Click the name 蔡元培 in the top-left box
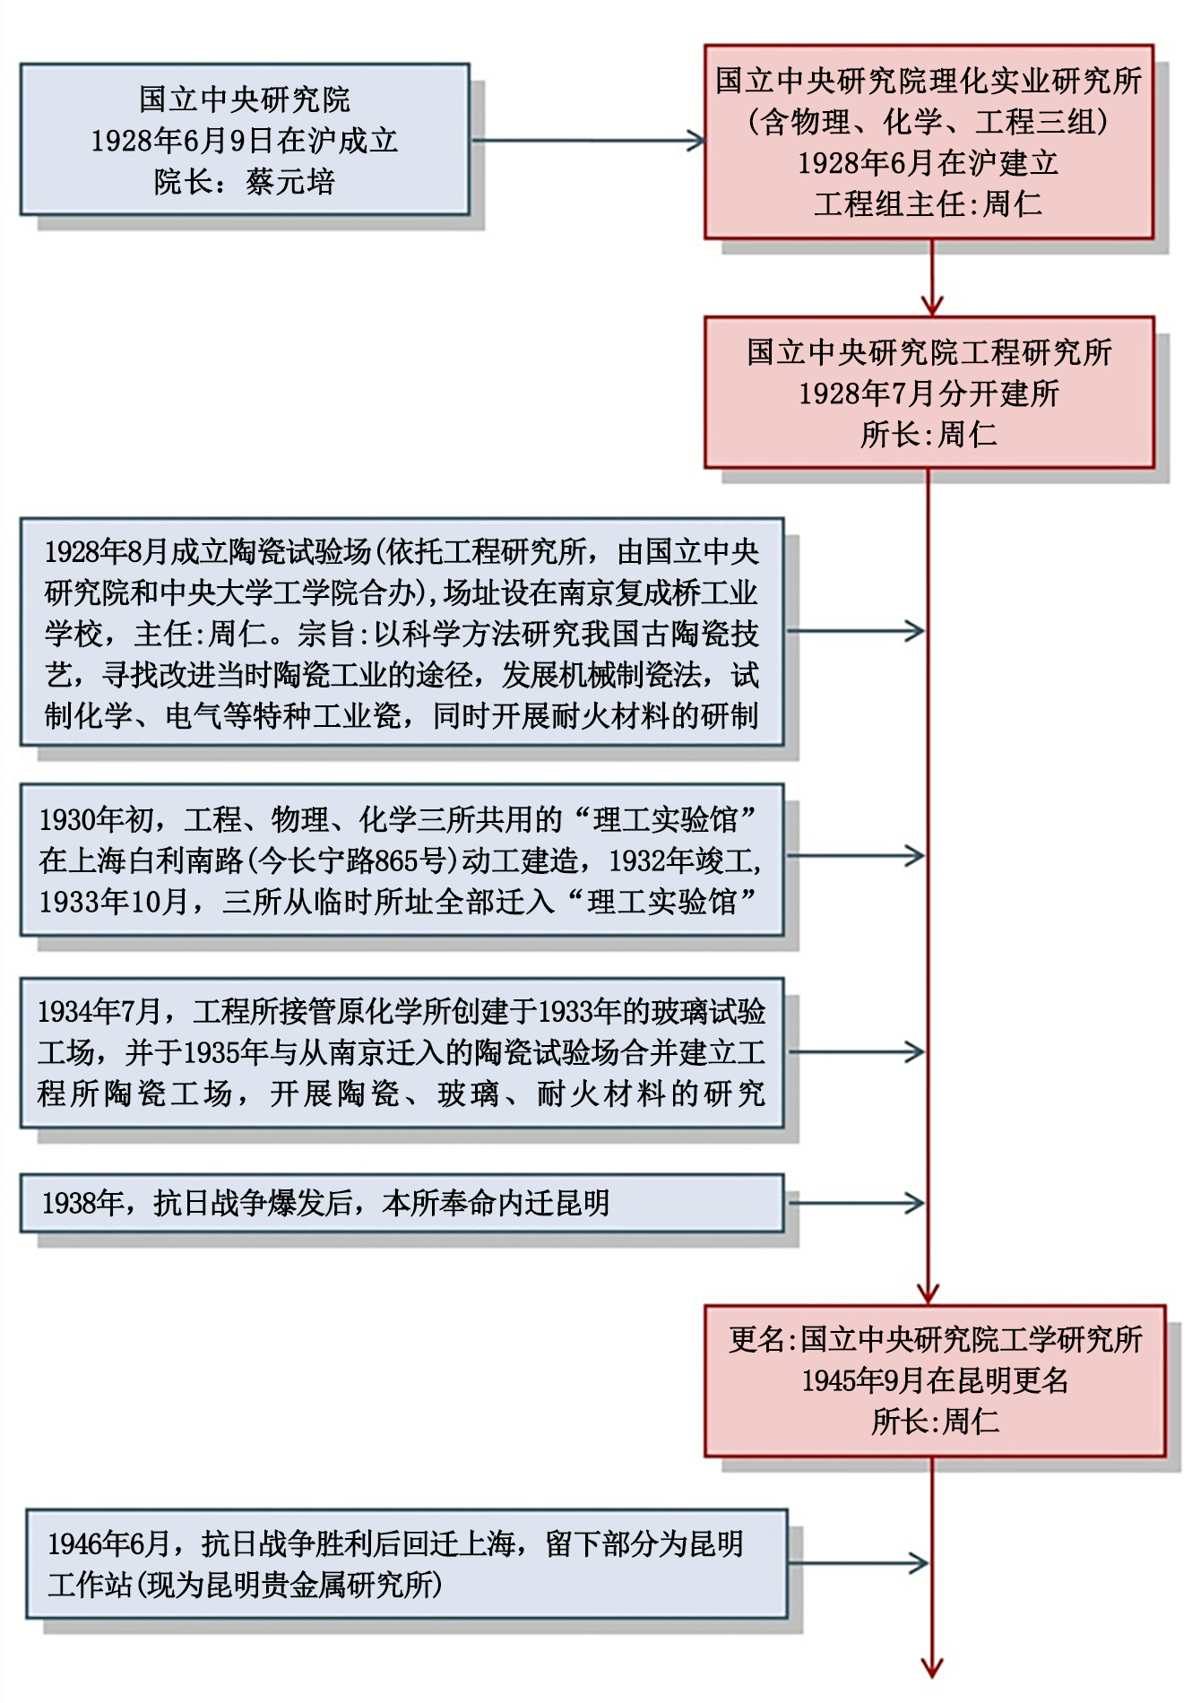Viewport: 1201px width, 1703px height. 289,182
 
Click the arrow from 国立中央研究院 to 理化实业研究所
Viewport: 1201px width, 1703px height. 587,141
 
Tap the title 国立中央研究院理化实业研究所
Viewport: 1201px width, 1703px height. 929,81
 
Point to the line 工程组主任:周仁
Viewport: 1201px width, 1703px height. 929,204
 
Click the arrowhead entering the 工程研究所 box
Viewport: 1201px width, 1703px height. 932,306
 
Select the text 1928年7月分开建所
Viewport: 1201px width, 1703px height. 929,393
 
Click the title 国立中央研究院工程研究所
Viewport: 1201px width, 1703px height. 929,352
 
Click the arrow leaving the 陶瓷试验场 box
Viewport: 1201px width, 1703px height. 856,631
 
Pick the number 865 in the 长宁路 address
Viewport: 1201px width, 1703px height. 395,861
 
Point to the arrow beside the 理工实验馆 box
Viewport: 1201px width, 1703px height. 856,856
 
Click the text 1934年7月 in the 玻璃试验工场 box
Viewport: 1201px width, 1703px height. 99,1012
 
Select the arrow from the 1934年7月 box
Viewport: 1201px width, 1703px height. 856,1052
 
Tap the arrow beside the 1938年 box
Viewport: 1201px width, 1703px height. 856,1203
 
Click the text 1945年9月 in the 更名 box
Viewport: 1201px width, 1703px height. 860,1380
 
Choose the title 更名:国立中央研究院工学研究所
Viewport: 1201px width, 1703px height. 935,1339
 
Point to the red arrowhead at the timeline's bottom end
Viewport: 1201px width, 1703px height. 932,1667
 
